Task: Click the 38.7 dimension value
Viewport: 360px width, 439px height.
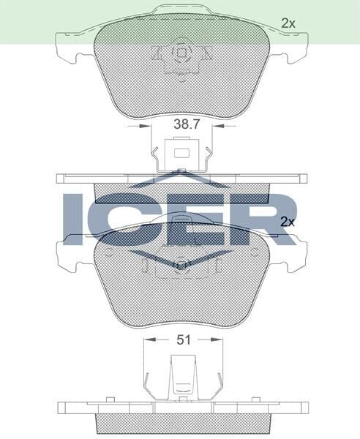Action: coord(186,125)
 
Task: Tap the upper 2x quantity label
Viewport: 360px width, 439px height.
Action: coord(288,23)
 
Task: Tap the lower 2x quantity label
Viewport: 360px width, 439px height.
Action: coord(288,221)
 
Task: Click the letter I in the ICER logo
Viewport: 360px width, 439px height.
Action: coord(75,218)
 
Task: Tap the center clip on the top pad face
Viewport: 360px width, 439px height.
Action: coord(180,56)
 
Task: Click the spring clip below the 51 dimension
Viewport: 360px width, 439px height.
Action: coord(180,375)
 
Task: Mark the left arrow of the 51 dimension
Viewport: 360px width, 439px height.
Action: coord(149,339)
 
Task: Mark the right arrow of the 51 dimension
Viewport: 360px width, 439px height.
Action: coord(214,339)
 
